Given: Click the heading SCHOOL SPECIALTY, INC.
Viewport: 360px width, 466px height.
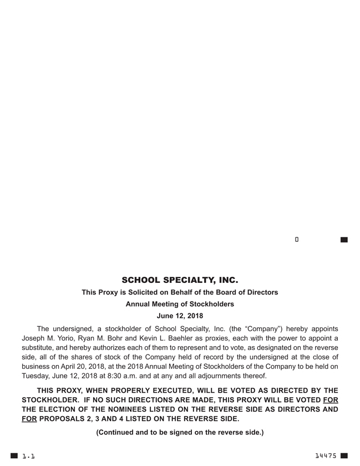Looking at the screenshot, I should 180,280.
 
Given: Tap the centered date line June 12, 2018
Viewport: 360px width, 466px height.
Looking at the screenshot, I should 180,316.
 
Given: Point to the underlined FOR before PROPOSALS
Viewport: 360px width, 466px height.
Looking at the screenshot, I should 29,419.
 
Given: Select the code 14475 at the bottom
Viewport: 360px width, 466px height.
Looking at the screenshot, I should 326,455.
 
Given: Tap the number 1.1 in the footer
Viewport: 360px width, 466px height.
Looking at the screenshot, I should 28,456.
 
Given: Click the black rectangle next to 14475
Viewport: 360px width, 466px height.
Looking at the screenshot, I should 344,455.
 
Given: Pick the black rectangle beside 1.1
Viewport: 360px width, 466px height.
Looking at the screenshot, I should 14,456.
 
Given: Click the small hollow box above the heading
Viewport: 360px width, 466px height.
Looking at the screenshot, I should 297,240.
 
